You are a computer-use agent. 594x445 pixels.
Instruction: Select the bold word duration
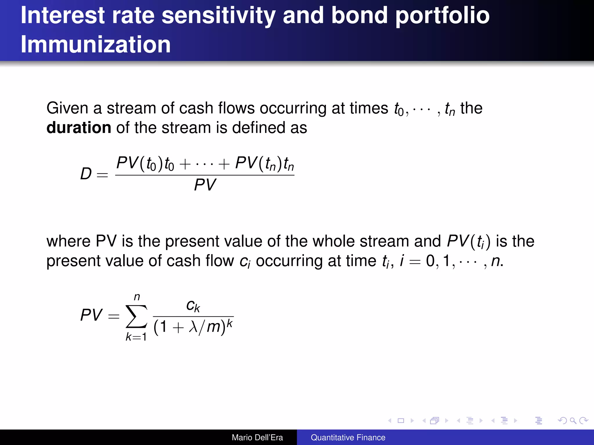[79, 127]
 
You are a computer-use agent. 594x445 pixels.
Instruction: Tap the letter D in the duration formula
[86, 174]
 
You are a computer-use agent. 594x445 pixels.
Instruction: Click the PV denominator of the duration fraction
[205, 185]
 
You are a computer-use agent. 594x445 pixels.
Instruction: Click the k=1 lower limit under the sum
[136, 337]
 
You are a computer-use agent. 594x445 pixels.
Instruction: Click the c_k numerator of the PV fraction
[193, 306]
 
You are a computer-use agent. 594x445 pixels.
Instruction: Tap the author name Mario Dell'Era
[257, 437]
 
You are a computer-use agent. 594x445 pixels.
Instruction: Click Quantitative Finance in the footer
[348, 437]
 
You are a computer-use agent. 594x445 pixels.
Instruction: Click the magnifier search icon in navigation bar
[573, 420]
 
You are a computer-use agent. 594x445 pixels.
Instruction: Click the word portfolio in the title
[442, 16]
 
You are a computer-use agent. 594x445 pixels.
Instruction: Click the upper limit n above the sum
[137, 297]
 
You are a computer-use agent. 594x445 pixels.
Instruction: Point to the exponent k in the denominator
[229, 323]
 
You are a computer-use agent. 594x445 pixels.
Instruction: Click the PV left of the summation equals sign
[91, 315]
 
